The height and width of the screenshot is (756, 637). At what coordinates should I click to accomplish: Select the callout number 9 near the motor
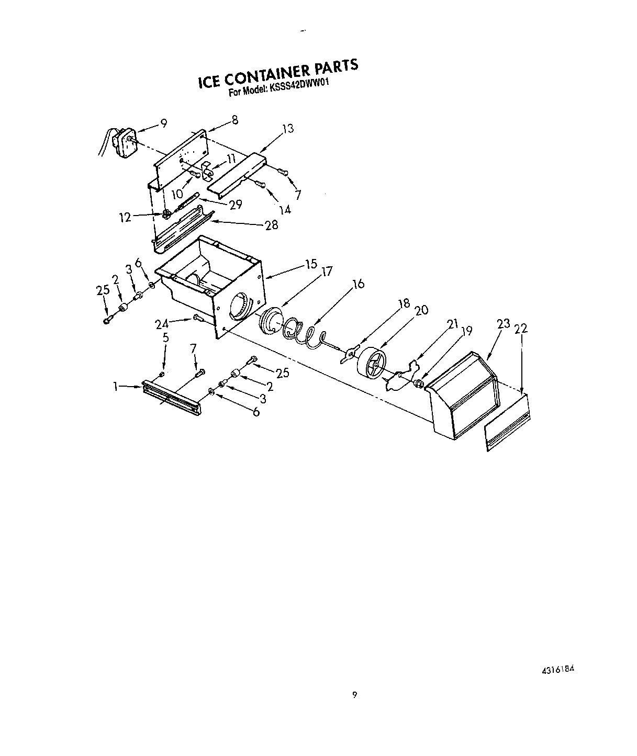click(x=163, y=123)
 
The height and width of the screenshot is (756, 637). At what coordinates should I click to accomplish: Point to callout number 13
click(x=287, y=129)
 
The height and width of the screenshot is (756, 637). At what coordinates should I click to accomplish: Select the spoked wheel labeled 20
click(x=371, y=362)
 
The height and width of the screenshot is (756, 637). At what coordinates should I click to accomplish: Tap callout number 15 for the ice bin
click(x=311, y=264)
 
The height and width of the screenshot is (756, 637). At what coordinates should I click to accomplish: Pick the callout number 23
click(x=503, y=324)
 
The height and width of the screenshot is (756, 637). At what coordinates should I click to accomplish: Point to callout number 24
click(x=162, y=324)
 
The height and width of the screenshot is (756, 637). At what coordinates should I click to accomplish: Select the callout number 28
click(x=271, y=225)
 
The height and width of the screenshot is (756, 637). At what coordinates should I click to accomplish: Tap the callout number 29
click(x=236, y=204)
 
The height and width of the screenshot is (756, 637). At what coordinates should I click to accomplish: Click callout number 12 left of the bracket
click(x=125, y=218)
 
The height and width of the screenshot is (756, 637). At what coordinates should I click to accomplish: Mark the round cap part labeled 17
click(x=271, y=320)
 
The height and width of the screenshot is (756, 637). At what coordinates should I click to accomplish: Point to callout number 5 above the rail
click(x=165, y=337)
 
